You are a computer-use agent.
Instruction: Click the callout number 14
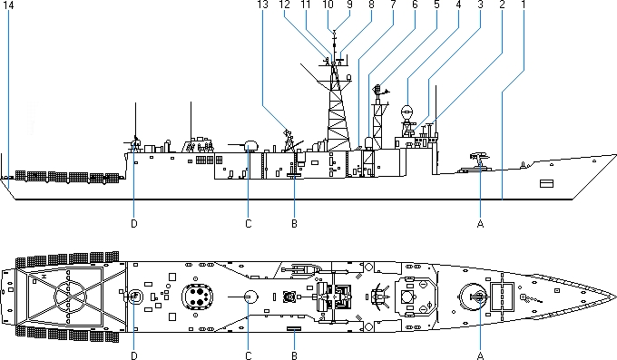[8, 5]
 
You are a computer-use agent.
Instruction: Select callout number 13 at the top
[263, 5]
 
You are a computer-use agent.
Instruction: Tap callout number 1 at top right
[524, 5]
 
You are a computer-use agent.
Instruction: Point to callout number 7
[393, 5]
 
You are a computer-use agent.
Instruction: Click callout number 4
[458, 5]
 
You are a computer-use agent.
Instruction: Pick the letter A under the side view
[480, 224]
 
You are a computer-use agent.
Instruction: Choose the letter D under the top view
[134, 355]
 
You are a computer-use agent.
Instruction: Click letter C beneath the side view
[249, 224]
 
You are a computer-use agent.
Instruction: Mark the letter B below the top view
[294, 355]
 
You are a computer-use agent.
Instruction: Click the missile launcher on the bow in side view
[480, 159]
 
